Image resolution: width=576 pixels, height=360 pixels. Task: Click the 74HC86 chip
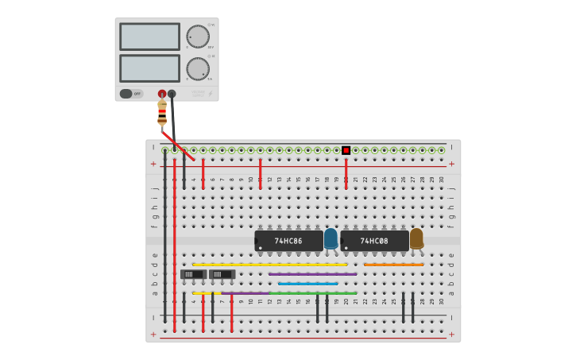click(x=288, y=240)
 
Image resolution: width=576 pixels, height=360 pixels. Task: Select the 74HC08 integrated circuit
click(x=374, y=240)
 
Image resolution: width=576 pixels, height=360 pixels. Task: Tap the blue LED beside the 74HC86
click(x=331, y=238)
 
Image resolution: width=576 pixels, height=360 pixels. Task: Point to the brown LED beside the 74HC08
click(x=416, y=238)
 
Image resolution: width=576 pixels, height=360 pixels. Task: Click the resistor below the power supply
click(x=162, y=113)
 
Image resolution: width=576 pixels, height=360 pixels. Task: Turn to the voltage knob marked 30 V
click(x=198, y=37)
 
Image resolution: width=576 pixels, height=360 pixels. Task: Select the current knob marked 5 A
click(x=198, y=68)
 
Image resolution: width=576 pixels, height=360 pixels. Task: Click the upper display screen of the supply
click(x=149, y=37)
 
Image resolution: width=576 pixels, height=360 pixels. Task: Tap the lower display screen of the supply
click(x=149, y=68)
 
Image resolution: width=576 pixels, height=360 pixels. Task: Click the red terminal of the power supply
click(x=162, y=94)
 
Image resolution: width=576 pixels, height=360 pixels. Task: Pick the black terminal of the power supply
click(x=172, y=94)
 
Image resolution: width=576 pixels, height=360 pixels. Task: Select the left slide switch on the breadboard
click(x=193, y=274)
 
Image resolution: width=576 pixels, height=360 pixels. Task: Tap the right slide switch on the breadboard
click(x=222, y=274)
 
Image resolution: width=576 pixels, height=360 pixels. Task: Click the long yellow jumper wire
click(x=269, y=264)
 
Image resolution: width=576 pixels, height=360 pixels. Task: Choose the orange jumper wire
click(x=393, y=264)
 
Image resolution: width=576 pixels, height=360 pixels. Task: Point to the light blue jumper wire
click(x=307, y=283)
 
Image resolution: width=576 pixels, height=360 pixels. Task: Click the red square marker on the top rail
click(x=346, y=150)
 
